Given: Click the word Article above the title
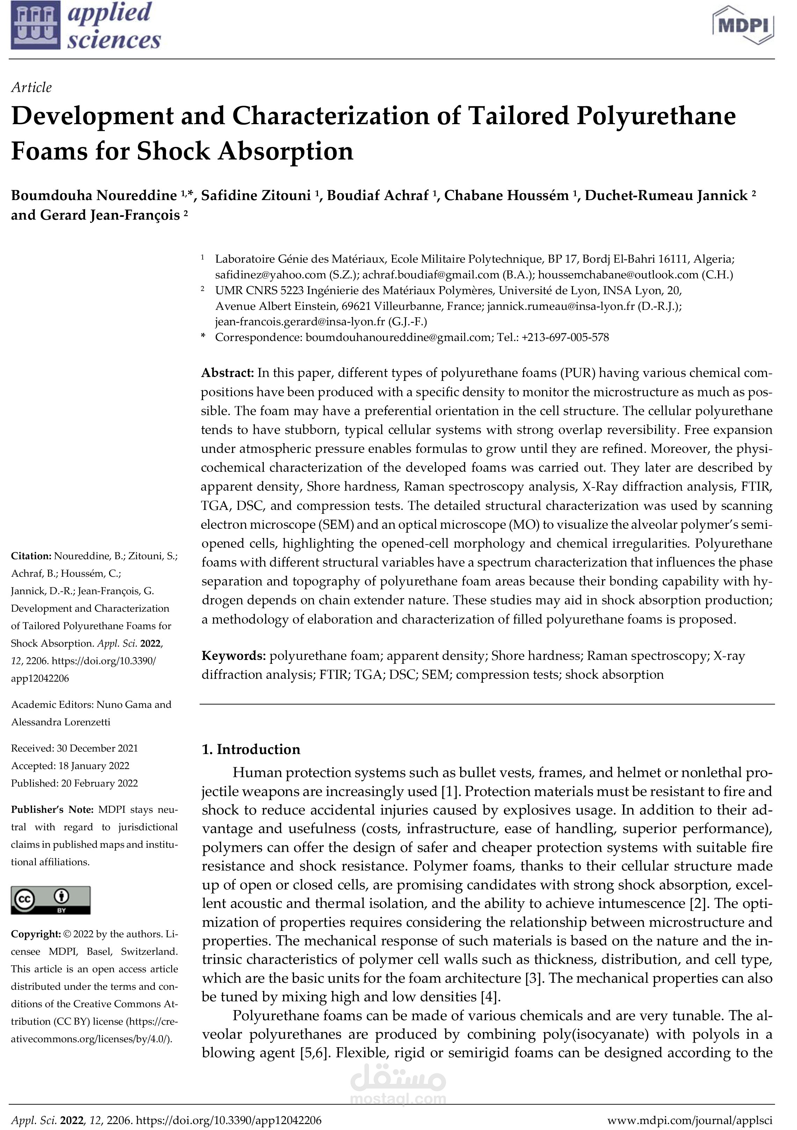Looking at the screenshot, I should click(x=31, y=87).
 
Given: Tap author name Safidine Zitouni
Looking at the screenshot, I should click(x=256, y=196).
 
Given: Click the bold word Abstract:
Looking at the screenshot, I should click(x=227, y=373).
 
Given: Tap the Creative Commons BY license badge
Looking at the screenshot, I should click(x=51, y=900).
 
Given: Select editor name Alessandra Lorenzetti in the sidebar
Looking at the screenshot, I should click(x=60, y=722).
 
